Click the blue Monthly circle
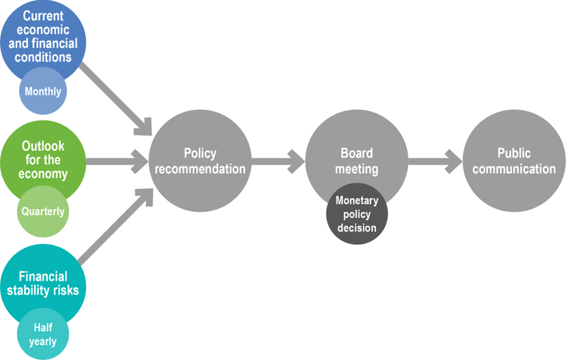click(43, 91)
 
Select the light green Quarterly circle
click(43, 211)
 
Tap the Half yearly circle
click(43, 334)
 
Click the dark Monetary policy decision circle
click(357, 214)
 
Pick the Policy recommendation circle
click(200, 161)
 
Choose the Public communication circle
click(514, 161)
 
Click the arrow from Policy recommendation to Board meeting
click(279, 161)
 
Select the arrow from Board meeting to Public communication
click(436, 161)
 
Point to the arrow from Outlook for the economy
click(117, 161)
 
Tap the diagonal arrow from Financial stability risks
click(116, 227)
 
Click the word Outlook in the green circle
click(43, 146)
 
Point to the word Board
click(357, 153)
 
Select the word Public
click(514, 153)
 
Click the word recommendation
click(200, 168)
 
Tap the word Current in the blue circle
click(43, 16)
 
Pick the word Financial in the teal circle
click(43, 276)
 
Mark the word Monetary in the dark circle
click(357, 200)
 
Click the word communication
click(514, 168)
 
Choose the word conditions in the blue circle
click(43, 57)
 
